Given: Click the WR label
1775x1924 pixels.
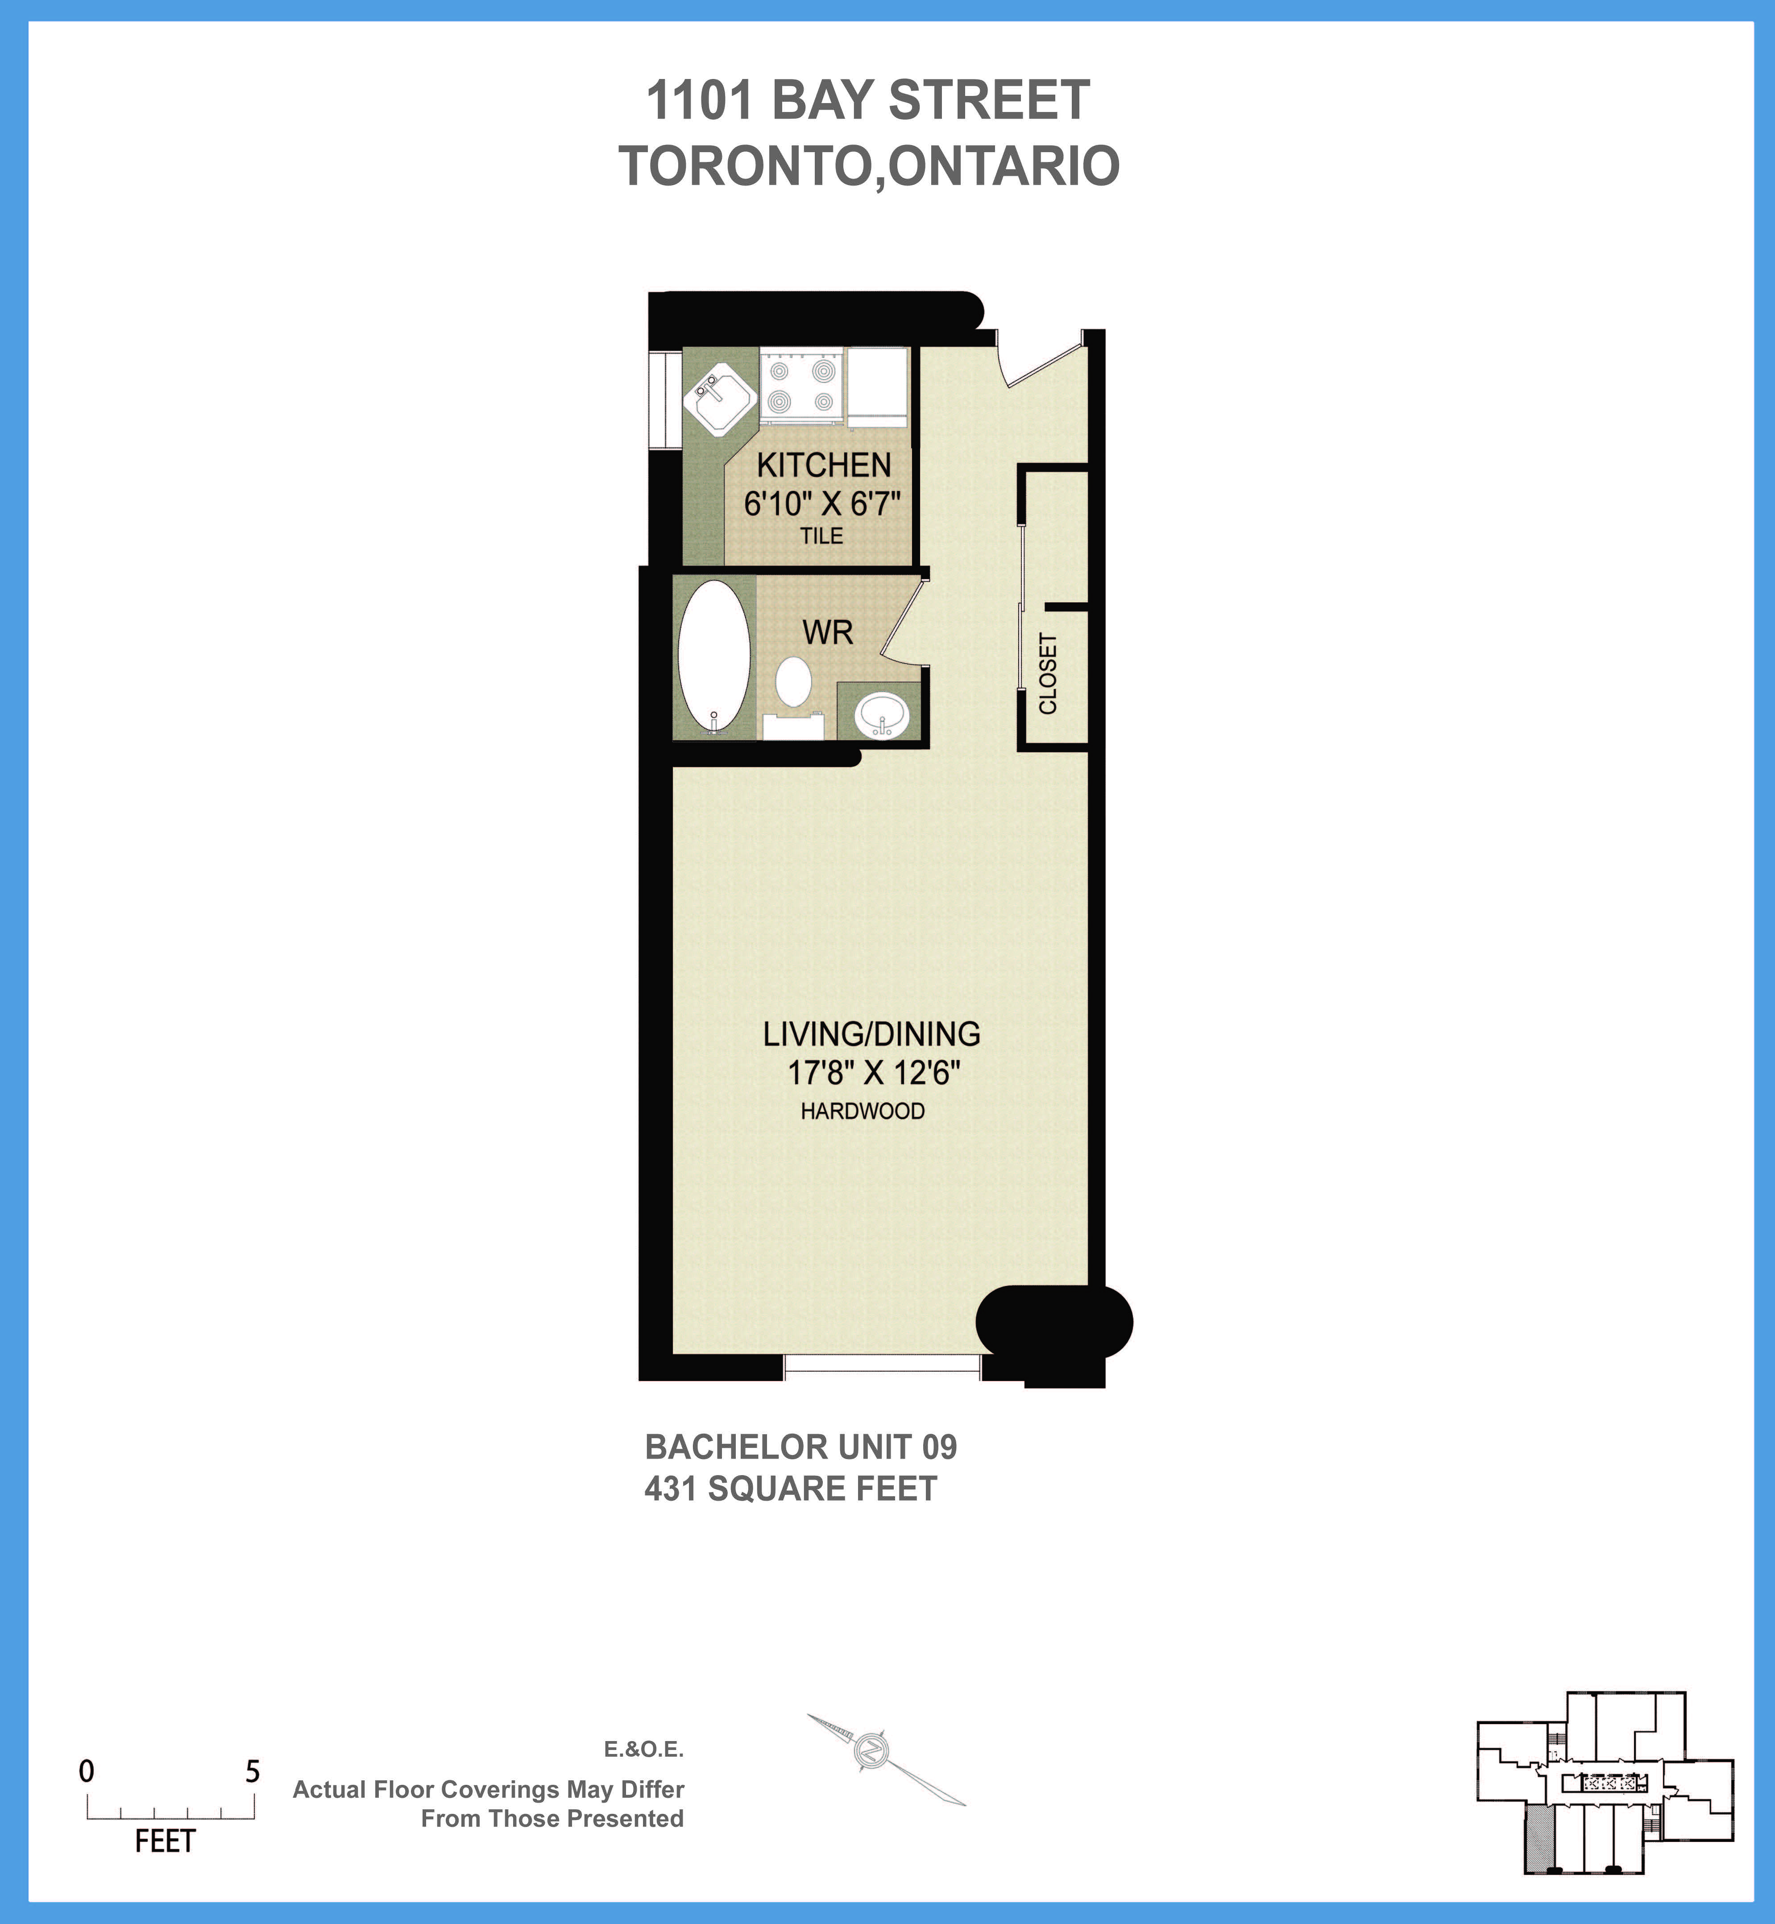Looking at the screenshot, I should point(827,633).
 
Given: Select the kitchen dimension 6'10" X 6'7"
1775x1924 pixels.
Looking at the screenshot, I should point(822,503).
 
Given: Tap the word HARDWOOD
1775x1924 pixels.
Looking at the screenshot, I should point(863,1111).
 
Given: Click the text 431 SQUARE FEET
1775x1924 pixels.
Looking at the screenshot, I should point(791,1489).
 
